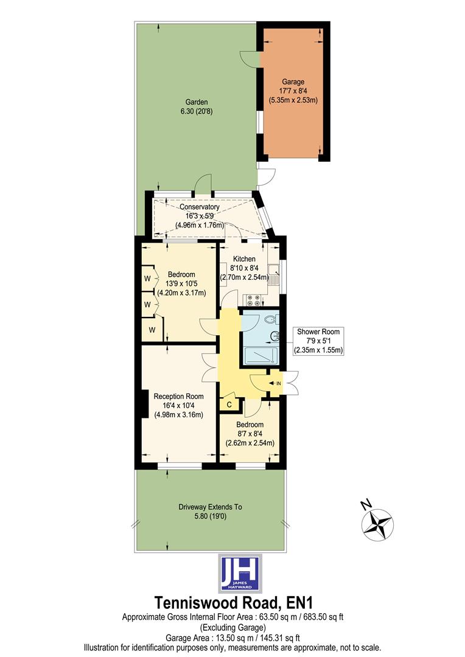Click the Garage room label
click(x=293, y=82)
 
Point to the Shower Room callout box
click(x=318, y=341)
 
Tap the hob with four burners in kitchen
click(x=253, y=299)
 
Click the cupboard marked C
click(x=229, y=405)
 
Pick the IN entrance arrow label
click(x=278, y=383)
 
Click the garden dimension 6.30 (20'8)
click(x=197, y=111)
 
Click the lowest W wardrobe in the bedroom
click(x=152, y=330)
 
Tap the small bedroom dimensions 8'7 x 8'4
click(x=250, y=434)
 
